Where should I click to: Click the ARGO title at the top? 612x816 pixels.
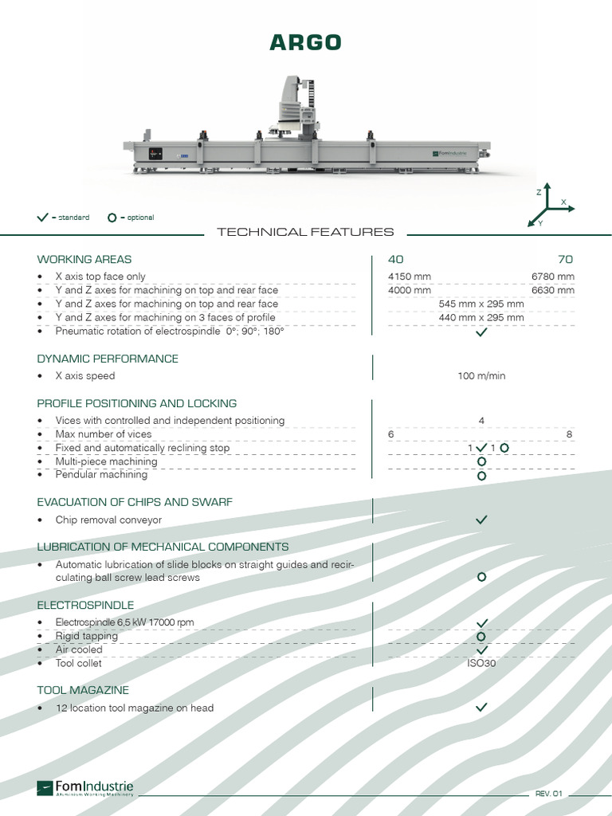(x=305, y=42)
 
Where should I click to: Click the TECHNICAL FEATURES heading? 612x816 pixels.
(x=305, y=232)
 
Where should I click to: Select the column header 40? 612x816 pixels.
(x=395, y=260)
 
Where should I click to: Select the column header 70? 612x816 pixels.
(x=566, y=260)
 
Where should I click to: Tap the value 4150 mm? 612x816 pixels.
(x=410, y=277)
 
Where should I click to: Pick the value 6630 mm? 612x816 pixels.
(x=552, y=290)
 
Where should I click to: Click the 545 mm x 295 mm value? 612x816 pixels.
(x=481, y=304)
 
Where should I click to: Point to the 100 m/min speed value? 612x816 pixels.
(x=481, y=376)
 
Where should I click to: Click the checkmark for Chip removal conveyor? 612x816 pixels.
(x=481, y=520)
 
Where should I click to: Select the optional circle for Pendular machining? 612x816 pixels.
(x=481, y=477)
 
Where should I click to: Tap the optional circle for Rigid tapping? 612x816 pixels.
(x=481, y=637)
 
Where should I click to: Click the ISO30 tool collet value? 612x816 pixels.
(x=481, y=663)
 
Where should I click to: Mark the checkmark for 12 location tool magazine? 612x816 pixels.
(x=481, y=707)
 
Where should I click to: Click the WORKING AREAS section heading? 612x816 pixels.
(x=84, y=260)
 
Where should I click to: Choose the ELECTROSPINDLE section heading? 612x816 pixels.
(x=85, y=605)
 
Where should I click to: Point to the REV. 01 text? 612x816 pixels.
(x=549, y=794)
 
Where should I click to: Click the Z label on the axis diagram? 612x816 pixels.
(x=539, y=193)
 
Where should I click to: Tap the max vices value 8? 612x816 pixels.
(x=569, y=434)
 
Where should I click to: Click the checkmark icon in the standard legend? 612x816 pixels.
(x=43, y=218)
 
